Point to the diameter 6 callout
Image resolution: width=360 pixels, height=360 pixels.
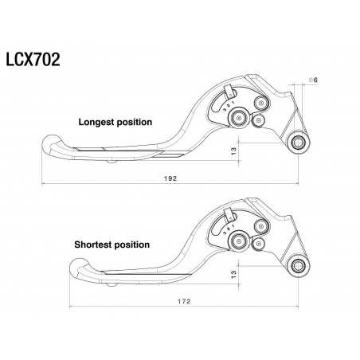pos(314,81)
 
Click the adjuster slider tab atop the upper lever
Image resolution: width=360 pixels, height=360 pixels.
pos(229,92)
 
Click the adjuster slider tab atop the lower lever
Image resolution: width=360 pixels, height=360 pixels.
pos(229,213)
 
